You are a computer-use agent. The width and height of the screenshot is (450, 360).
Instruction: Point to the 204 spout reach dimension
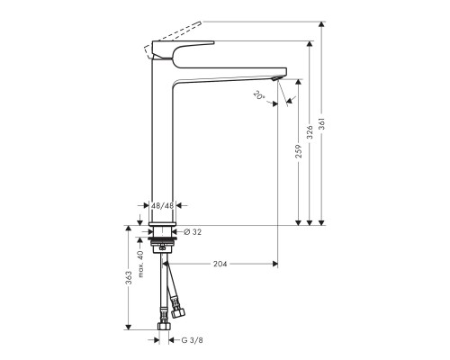click(219, 265)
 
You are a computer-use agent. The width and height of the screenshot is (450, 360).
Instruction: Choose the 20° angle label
click(259, 95)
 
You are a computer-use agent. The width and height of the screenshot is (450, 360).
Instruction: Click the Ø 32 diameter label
click(193, 232)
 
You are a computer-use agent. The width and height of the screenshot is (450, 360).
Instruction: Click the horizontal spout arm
click(234, 73)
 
